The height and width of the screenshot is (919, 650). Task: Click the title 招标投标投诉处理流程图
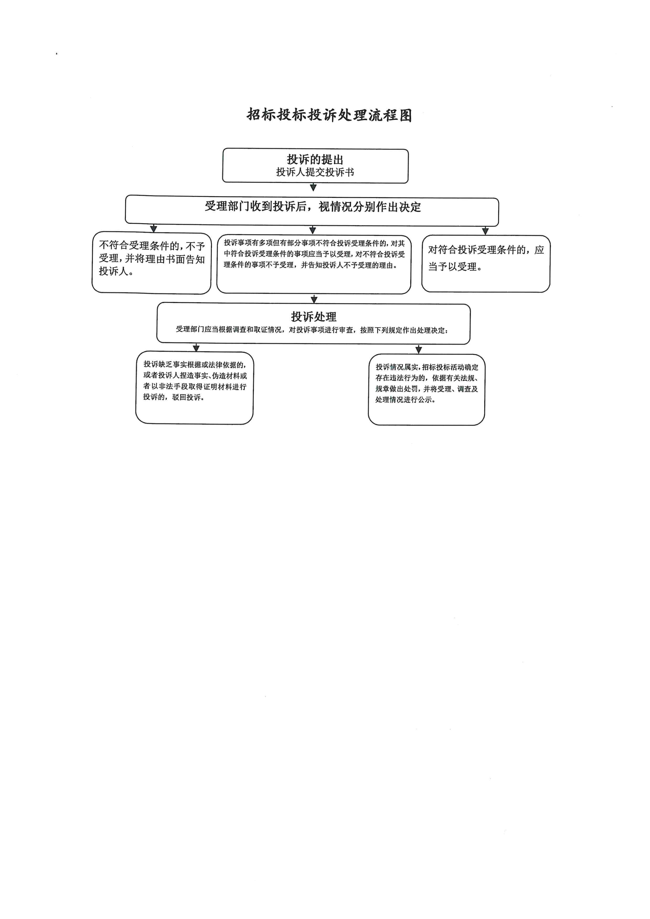[x=329, y=115]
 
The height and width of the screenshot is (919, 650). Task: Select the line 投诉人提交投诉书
[x=315, y=172]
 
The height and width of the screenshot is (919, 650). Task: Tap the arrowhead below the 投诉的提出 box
[x=313, y=187]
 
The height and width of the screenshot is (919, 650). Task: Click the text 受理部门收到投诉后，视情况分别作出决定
[x=313, y=206]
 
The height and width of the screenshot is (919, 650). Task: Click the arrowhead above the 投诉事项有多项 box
[x=312, y=230]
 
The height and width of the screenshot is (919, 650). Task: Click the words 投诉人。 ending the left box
[x=117, y=271]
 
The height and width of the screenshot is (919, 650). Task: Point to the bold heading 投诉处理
[x=314, y=317]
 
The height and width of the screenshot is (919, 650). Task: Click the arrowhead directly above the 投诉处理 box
[x=314, y=300]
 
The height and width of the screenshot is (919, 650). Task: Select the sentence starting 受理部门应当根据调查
[x=312, y=330]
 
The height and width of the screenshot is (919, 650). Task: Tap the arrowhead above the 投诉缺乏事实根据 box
[x=196, y=348]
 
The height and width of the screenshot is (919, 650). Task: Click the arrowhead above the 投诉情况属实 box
[x=418, y=349]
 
